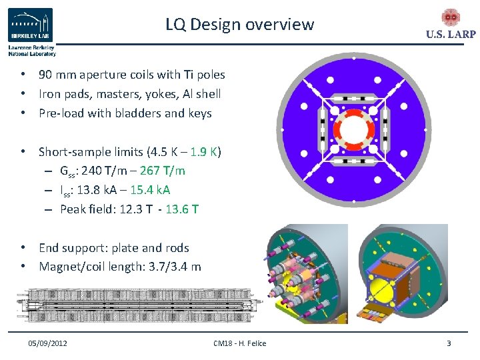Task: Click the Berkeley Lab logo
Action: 31,27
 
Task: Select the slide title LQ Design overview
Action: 240,25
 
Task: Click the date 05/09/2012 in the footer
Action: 47,343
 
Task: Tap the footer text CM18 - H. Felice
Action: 239,343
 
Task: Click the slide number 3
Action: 449,343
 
